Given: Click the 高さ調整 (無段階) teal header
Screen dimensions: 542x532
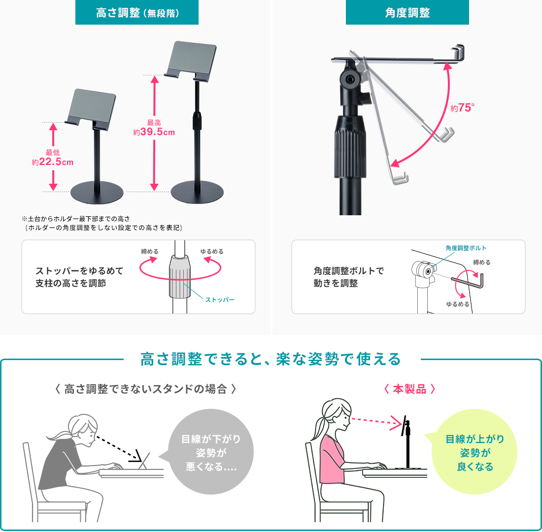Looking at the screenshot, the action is (x=137, y=12).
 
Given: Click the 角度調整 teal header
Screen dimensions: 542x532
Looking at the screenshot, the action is (x=407, y=12).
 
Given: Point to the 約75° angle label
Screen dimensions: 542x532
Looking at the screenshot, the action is (x=463, y=108).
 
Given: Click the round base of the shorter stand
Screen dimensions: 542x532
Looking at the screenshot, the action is (x=97, y=192).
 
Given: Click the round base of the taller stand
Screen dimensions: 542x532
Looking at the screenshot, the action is (x=197, y=192).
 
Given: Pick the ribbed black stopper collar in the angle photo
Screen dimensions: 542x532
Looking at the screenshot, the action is (x=350, y=147).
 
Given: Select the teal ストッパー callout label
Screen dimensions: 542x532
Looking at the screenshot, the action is (x=220, y=299).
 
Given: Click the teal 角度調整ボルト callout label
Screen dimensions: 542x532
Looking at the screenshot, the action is (x=466, y=248).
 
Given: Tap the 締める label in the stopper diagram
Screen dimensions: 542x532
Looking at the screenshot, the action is (x=150, y=252).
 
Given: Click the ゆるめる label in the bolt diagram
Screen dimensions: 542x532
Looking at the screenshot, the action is (x=458, y=304).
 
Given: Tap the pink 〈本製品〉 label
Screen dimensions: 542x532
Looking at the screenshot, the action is (x=409, y=389).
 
